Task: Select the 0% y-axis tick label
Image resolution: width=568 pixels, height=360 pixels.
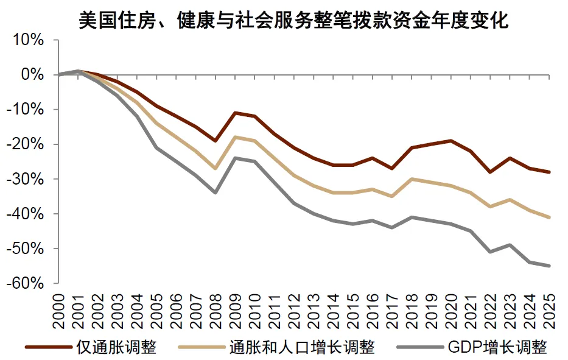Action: click(33, 75)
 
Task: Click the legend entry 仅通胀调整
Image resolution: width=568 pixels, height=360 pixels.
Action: click(116, 347)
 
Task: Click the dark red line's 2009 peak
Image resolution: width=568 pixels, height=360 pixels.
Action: click(235, 113)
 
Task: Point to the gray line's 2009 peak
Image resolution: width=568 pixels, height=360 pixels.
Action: click(235, 158)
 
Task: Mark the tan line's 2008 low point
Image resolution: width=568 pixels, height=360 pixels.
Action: click(216, 168)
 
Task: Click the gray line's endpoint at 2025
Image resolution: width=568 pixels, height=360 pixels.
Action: click(549, 266)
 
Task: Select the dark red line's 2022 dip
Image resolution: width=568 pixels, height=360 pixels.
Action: click(490, 172)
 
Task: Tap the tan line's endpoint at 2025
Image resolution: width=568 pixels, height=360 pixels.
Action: click(549, 217)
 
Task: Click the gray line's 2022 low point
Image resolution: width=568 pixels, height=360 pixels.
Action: click(490, 252)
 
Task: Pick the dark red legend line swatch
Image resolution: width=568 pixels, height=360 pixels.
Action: click(48, 347)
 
